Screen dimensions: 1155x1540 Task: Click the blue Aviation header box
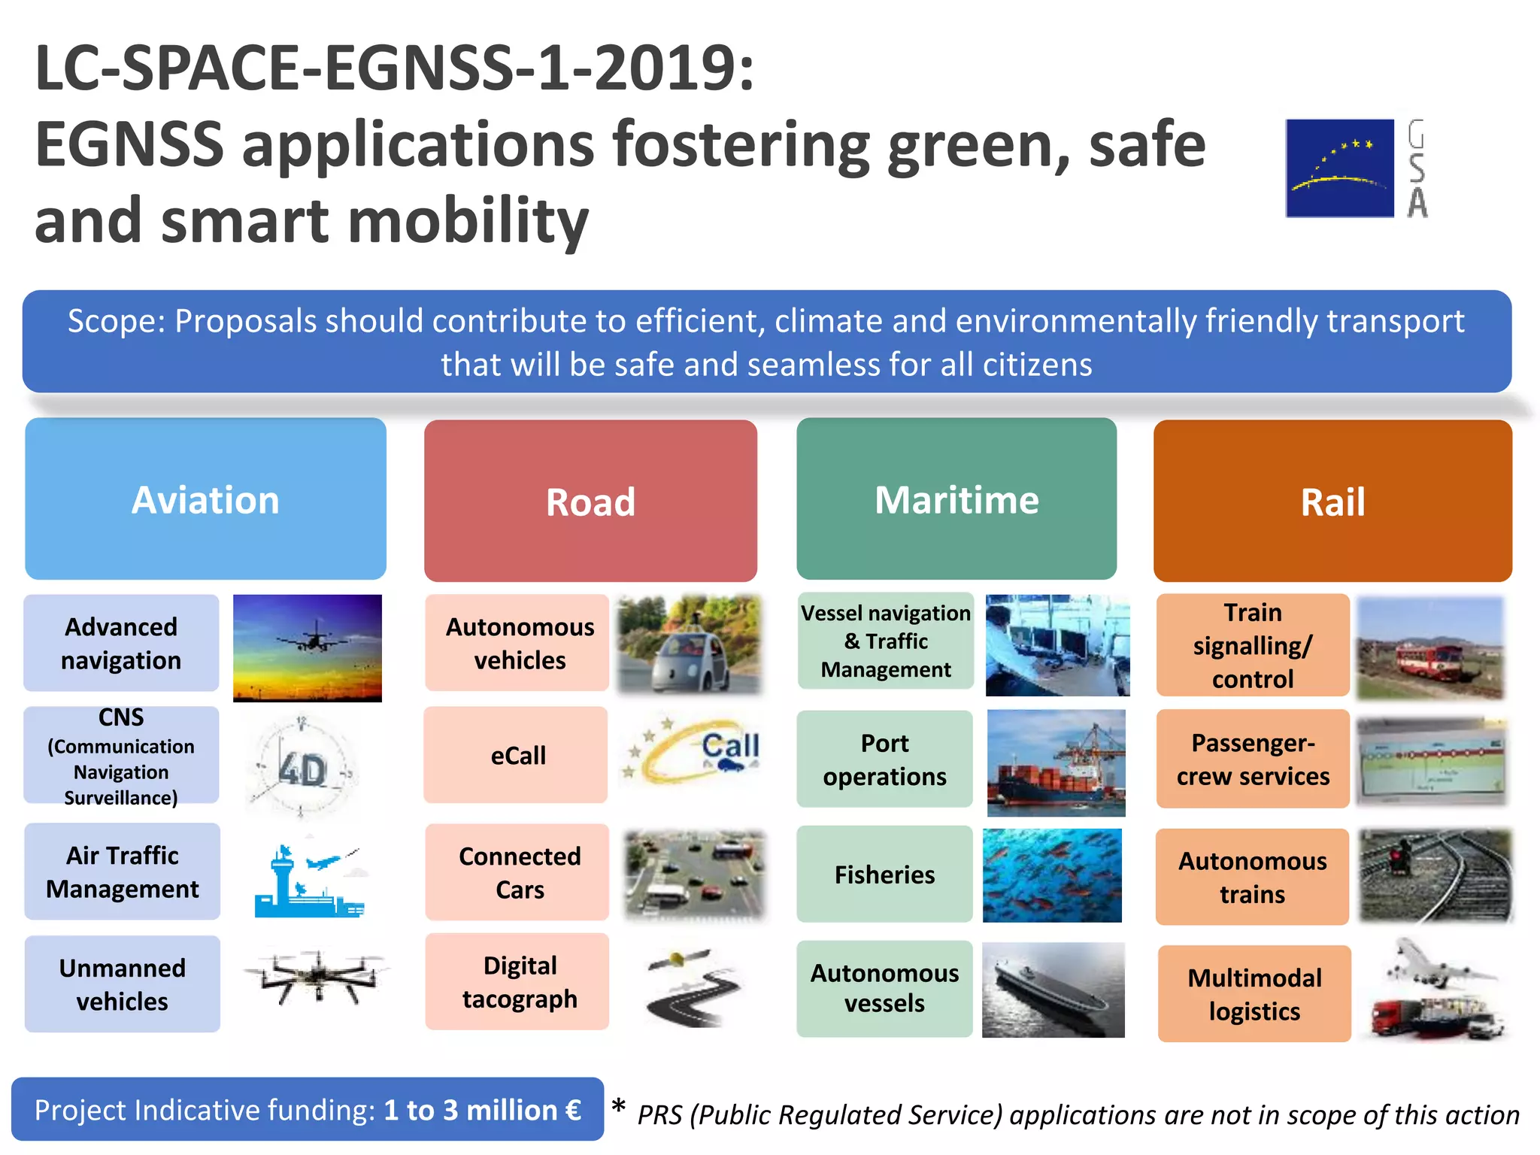(x=205, y=499)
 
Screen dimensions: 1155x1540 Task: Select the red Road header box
(x=590, y=501)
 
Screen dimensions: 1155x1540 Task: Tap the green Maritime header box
(x=956, y=499)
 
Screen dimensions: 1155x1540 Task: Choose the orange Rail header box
(x=1332, y=501)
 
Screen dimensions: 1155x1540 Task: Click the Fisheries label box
(x=884, y=875)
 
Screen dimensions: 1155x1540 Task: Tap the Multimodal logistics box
(x=1254, y=994)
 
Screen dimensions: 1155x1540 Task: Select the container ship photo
(x=1056, y=764)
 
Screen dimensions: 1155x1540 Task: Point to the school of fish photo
(x=1052, y=876)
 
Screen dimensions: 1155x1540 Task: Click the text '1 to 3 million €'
(x=482, y=1111)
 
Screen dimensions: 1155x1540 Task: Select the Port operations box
(x=884, y=759)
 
